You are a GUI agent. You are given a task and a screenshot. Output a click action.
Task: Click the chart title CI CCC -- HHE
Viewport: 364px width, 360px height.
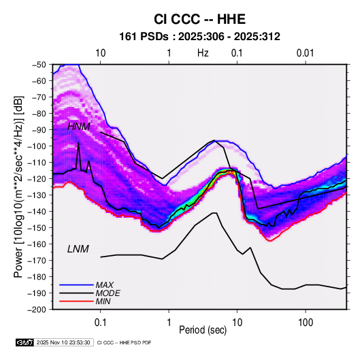pos(199,19)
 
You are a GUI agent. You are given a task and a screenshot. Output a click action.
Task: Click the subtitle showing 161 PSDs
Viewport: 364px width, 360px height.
pos(199,37)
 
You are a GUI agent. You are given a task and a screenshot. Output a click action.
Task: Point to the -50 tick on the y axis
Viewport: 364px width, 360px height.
pos(39,65)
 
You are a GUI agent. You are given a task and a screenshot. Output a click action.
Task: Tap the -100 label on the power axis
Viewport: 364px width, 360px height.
pos(37,146)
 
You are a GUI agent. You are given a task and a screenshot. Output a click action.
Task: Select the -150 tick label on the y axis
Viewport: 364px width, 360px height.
pos(37,228)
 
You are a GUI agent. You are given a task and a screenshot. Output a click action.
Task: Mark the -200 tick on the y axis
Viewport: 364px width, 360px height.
pos(37,310)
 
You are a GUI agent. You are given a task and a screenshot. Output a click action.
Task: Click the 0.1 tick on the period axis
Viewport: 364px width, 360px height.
pos(101,323)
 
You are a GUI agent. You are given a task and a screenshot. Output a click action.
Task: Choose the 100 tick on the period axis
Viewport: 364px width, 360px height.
pos(305,323)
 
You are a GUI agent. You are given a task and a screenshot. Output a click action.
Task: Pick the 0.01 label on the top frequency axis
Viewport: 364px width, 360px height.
pos(305,53)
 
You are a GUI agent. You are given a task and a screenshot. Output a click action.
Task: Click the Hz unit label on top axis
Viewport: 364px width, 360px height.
pos(203,53)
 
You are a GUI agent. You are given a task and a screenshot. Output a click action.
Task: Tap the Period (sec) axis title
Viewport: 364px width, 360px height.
pos(203,330)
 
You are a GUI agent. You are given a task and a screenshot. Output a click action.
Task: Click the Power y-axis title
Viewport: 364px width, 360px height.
pos(18,186)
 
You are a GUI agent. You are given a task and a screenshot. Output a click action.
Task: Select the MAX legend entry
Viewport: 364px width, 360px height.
pos(105,285)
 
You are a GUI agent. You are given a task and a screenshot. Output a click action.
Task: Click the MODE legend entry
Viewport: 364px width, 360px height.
pos(108,293)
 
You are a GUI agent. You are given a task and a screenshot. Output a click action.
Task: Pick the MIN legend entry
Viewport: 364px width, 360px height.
pos(103,301)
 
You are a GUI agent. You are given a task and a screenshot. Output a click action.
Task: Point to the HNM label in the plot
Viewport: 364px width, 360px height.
pos(79,127)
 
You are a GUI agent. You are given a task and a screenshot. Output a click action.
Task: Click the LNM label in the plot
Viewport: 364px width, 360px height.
pos(78,249)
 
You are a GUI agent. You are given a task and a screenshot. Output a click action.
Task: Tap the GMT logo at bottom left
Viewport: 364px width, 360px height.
pos(24,342)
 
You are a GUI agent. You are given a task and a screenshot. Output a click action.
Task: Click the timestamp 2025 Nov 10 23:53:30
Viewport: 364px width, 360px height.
pos(63,342)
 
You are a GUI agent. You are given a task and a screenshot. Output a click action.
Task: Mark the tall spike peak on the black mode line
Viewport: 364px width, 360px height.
pos(78,143)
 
